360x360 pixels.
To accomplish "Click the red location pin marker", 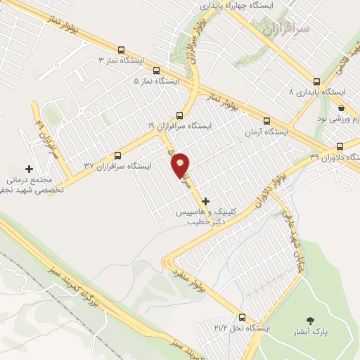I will point(181,165).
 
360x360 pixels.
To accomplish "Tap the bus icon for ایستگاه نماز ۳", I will point(122,51).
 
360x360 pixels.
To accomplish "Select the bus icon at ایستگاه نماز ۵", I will point(155,70).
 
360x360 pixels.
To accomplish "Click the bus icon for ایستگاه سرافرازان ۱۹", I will point(179,115).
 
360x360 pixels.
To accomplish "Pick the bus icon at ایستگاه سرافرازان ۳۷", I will point(118,155).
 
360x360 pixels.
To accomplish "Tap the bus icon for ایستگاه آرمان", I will point(266,120).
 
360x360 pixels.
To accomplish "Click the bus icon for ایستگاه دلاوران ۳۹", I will point(340,146).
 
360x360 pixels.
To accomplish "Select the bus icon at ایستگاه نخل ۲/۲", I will point(242,317).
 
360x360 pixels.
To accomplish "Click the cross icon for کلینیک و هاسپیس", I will point(205,201).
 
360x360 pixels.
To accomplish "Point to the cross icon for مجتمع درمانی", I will point(29,169).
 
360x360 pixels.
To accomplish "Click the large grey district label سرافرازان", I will point(285,31).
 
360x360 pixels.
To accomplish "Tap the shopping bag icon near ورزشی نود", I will point(341,108).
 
